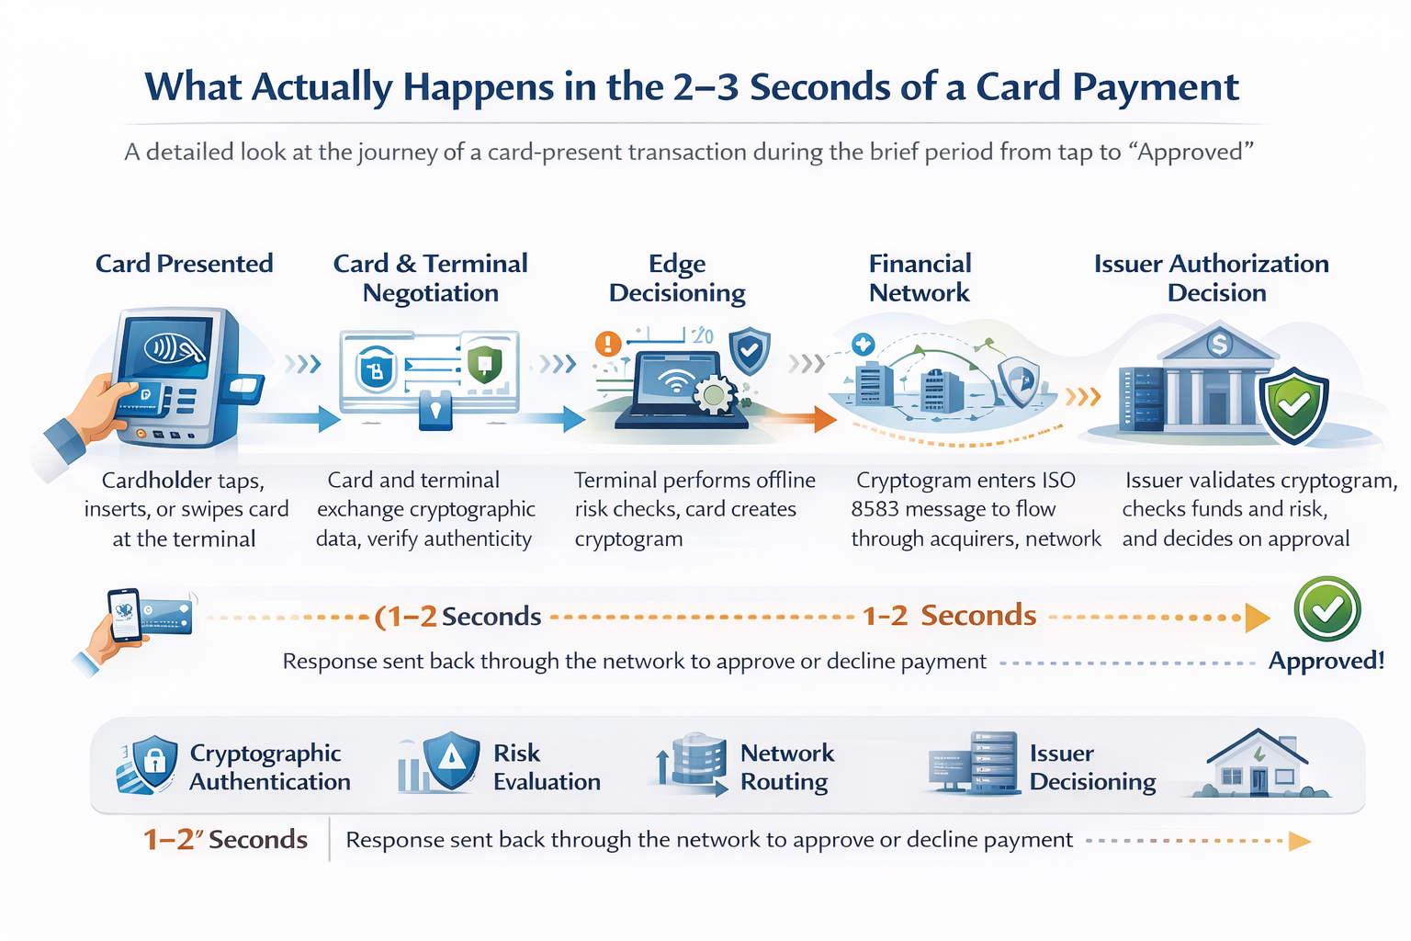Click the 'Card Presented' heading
tap(185, 264)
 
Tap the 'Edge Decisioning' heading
tap(677, 278)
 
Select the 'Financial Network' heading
tap(920, 278)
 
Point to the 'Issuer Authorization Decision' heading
tap(1211, 278)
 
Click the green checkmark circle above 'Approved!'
tap(1326, 608)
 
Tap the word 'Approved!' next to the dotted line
tap(1326, 661)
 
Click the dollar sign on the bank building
tap(1218, 345)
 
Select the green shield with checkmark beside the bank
tap(1293, 404)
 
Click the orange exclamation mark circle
tap(607, 345)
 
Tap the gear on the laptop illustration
tap(714, 395)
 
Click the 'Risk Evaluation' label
tap(547, 767)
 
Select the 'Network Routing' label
tap(787, 767)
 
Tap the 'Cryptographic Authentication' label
tap(269, 767)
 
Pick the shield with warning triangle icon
tap(450, 760)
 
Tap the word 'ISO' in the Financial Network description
tap(1058, 481)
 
